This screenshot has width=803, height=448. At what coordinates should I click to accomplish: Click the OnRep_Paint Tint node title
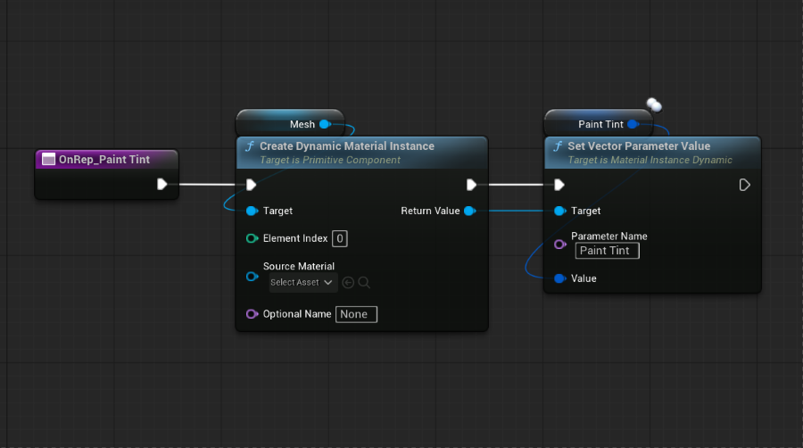(x=104, y=159)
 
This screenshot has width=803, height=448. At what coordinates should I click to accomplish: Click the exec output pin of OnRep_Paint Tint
(x=162, y=185)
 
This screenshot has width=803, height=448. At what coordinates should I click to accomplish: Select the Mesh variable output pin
(x=325, y=124)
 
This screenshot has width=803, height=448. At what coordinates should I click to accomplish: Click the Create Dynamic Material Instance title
(x=347, y=146)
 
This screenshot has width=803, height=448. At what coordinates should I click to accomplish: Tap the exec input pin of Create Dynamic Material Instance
(x=251, y=185)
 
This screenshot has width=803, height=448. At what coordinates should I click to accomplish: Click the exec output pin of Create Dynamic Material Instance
(x=472, y=185)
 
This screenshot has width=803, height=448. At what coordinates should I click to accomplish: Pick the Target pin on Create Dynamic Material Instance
(x=252, y=211)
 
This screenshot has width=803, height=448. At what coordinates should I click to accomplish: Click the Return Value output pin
(x=469, y=211)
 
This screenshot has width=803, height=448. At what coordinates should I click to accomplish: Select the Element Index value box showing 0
(x=340, y=238)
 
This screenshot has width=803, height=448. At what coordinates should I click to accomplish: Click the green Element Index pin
(x=252, y=238)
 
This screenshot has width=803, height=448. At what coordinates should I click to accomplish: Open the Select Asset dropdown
(x=303, y=283)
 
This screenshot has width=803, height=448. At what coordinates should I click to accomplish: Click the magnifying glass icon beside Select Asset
(x=364, y=283)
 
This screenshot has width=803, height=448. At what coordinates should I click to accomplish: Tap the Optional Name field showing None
(x=356, y=314)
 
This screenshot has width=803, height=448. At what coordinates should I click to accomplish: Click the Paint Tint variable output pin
(x=633, y=124)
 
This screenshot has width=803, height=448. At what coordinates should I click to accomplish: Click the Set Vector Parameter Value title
(x=639, y=146)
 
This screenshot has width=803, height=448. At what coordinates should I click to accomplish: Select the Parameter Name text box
(x=608, y=251)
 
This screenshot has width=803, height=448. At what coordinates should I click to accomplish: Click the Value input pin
(x=559, y=278)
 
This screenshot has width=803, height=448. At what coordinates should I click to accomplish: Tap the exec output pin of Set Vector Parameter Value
(x=745, y=185)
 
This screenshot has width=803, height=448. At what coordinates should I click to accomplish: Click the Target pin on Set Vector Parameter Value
(x=559, y=211)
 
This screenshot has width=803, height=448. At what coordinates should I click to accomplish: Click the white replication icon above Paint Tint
(x=654, y=105)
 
